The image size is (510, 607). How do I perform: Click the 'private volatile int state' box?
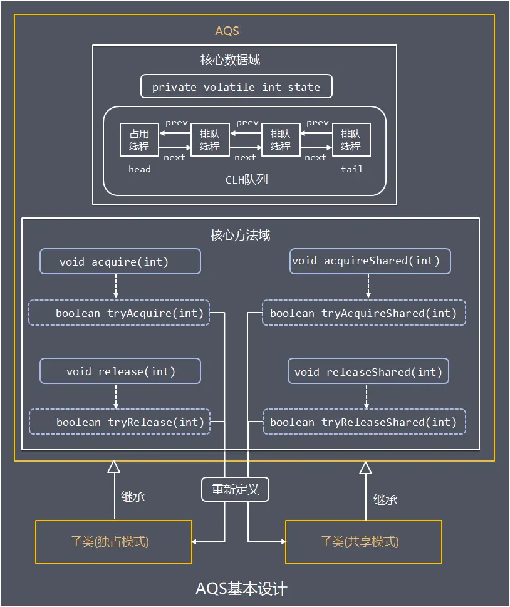[x=236, y=87]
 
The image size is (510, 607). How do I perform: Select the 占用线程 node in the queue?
[x=139, y=140]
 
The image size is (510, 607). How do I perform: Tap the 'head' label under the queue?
[x=139, y=169]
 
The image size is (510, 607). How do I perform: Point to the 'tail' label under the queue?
[x=351, y=169]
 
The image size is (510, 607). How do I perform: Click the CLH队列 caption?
[x=246, y=179]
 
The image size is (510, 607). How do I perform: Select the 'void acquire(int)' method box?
[x=120, y=261]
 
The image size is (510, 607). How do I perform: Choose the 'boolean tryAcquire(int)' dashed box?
[x=119, y=313]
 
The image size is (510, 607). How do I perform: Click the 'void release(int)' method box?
[x=120, y=371]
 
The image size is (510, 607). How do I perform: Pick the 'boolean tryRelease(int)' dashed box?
[x=119, y=422]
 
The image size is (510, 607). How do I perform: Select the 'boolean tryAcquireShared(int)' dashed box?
[x=363, y=313]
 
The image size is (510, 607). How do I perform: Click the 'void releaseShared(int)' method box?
[x=368, y=372]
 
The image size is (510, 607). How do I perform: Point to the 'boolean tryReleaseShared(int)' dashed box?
[x=363, y=422]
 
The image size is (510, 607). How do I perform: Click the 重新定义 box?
[x=235, y=489]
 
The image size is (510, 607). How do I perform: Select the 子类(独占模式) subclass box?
[x=113, y=541]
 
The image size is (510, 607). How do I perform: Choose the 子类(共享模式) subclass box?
[x=363, y=541]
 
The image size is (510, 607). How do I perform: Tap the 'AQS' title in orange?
[x=227, y=31]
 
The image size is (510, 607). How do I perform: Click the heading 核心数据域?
[x=230, y=60]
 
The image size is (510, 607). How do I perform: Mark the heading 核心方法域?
[x=240, y=236]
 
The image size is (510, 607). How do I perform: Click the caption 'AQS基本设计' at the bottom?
[x=241, y=589]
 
